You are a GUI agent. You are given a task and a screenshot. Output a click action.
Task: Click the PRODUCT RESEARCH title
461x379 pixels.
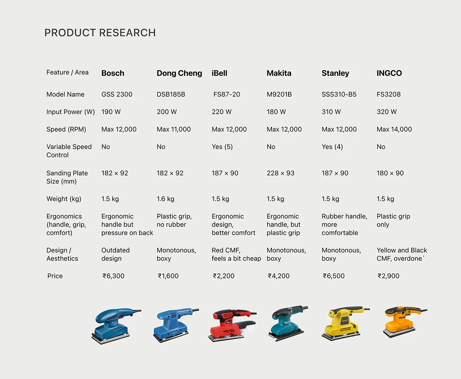(x=100, y=33)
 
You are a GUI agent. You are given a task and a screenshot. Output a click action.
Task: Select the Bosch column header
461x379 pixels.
(x=113, y=73)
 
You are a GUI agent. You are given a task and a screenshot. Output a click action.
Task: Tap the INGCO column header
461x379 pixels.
(x=389, y=73)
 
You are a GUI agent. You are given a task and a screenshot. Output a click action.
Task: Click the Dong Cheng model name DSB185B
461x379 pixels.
(x=171, y=94)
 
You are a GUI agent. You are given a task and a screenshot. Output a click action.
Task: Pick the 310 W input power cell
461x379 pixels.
(x=331, y=112)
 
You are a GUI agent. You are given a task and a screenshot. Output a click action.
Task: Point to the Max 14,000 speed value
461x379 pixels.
(x=394, y=129)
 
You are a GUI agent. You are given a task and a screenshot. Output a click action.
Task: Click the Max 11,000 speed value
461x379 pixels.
(x=174, y=129)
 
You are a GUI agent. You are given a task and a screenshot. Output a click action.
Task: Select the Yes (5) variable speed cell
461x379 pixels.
(x=222, y=147)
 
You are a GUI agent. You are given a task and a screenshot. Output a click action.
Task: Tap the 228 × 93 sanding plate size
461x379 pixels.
(x=281, y=173)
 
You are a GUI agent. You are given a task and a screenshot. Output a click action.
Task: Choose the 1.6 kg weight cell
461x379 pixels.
(x=165, y=199)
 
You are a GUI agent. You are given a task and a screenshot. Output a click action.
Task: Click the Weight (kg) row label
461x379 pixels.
(x=64, y=199)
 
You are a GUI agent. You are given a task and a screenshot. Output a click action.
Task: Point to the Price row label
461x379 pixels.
(x=55, y=276)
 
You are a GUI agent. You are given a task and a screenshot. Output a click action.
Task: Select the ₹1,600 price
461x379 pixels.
(x=168, y=276)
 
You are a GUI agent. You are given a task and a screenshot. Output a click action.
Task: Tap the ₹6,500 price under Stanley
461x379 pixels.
(x=334, y=276)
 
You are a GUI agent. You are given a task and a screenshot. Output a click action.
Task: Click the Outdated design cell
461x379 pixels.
(x=115, y=254)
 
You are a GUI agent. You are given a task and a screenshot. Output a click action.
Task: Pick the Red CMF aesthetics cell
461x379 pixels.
(x=236, y=254)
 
